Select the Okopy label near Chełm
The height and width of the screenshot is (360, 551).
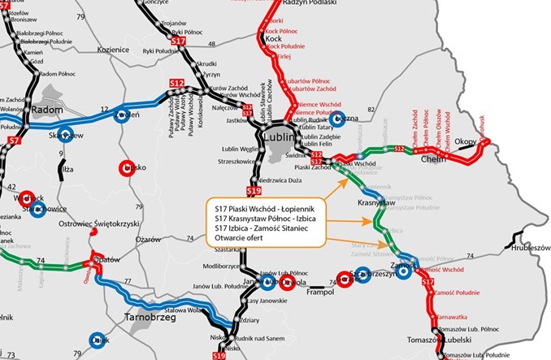point(468,141)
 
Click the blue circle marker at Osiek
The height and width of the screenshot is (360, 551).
point(99,340)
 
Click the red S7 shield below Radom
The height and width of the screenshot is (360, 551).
point(13,140)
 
